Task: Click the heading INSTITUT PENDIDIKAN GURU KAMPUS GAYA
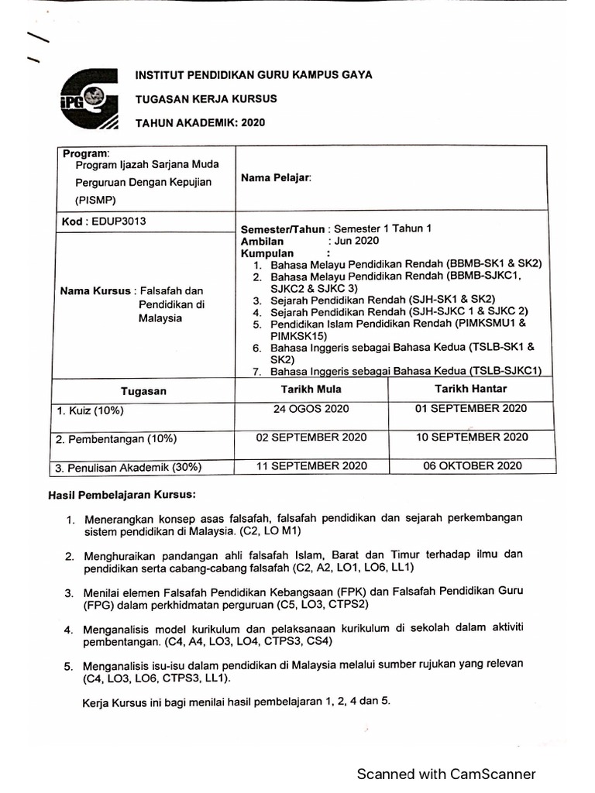253,75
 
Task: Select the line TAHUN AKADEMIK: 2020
200,123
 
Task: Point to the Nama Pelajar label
276,178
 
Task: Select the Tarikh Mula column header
311,389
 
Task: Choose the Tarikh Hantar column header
471,388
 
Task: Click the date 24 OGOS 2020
311,408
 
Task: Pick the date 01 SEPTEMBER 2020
471,408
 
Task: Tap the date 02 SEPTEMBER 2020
311,437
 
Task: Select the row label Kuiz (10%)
90,410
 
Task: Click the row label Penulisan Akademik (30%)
129,467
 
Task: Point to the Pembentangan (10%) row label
116,439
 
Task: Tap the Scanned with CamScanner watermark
445,774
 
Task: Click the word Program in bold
86,153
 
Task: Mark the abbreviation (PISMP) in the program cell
94,199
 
